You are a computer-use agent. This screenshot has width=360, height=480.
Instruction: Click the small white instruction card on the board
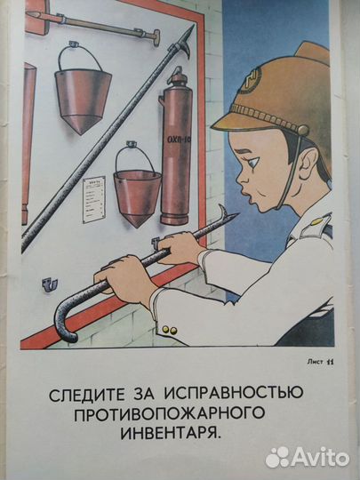[93, 196]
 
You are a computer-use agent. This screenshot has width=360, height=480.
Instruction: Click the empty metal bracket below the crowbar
[49, 284]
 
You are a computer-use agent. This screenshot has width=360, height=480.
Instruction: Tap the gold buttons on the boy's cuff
[169, 330]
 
